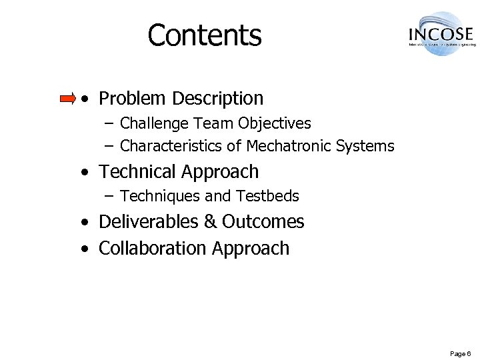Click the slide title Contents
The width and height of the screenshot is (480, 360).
tap(205, 35)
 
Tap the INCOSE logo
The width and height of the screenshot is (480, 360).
tap(441, 33)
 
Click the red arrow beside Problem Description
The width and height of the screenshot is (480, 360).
tap(68, 99)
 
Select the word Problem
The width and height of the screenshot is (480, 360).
tap(132, 99)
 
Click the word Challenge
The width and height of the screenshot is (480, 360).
tap(155, 123)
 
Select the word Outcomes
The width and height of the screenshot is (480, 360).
tap(263, 221)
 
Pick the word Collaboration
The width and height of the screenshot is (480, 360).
tap(153, 248)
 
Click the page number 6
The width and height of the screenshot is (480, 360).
tap(469, 353)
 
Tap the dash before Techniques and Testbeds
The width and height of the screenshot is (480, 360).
tap(109, 197)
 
